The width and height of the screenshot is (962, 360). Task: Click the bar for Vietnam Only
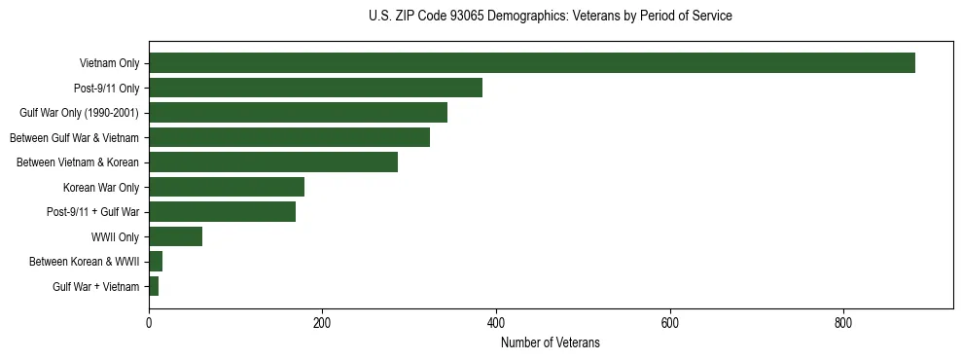pyautogui.click(x=531, y=63)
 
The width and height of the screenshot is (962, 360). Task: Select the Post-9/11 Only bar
pyautogui.click(x=315, y=88)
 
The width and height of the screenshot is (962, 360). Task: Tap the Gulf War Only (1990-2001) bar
pyautogui.click(x=298, y=113)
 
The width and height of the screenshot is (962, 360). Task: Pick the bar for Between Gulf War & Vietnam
pyautogui.click(x=289, y=137)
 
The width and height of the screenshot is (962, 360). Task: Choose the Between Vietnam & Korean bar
pyautogui.click(x=273, y=162)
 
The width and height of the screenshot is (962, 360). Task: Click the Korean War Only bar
pyautogui.click(x=227, y=187)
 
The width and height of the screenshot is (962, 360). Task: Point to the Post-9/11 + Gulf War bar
pyautogui.click(x=222, y=211)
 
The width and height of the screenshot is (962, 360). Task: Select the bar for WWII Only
pyautogui.click(x=175, y=236)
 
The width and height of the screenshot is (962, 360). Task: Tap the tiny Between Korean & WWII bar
pyautogui.click(x=156, y=261)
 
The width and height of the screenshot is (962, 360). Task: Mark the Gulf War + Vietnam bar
pyautogui.click(x=154, y=286)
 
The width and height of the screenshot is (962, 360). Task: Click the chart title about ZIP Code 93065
pyautogui.click(x=551, y=17)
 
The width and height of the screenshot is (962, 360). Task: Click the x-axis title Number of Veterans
pyautogui.click(x=551, y=343)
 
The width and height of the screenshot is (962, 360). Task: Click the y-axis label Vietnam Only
pyautogui.click(x=109, y=64)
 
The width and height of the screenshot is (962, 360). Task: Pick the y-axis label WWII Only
pyautogui.click(x=115, y=236)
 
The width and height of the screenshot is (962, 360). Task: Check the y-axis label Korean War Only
pyautogui.click(x=101, y=187)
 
